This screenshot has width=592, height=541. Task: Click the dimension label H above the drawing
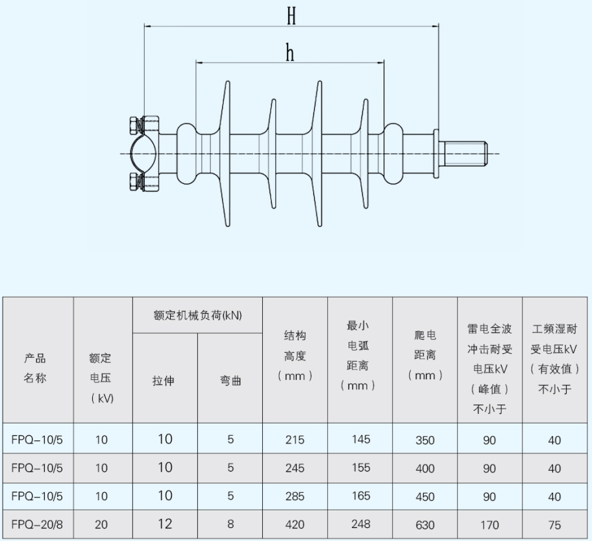(x=291, y=16)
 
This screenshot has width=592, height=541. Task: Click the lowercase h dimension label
(x=290, y=53)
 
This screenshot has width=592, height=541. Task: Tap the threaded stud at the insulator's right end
(x=465, y=154)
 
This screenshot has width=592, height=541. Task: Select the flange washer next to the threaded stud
(x=436, y=154)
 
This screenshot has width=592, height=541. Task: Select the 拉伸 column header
(x=164, y=381)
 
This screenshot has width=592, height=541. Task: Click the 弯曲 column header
(x=230, y=381)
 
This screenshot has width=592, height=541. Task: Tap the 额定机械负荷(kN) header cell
(x=197, y=315)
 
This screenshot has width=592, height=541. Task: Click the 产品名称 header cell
(x=35, y=368)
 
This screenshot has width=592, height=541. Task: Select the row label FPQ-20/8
(x=37, y=524)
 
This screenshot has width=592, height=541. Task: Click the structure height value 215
(x=295, y=440)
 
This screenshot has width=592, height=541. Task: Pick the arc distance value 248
(x=360, y=524)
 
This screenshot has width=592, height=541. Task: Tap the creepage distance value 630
(x=425, y=525)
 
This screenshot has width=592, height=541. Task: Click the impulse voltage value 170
(x=489, y=525)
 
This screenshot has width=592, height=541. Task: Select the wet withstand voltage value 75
(x=554, y=525)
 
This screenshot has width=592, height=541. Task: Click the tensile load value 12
(x=165, y=524)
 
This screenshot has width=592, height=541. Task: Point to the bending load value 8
(x=230, y=524)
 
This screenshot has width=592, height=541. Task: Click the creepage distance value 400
(x=425, y=468)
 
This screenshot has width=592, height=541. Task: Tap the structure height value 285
(x=295, y=496)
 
